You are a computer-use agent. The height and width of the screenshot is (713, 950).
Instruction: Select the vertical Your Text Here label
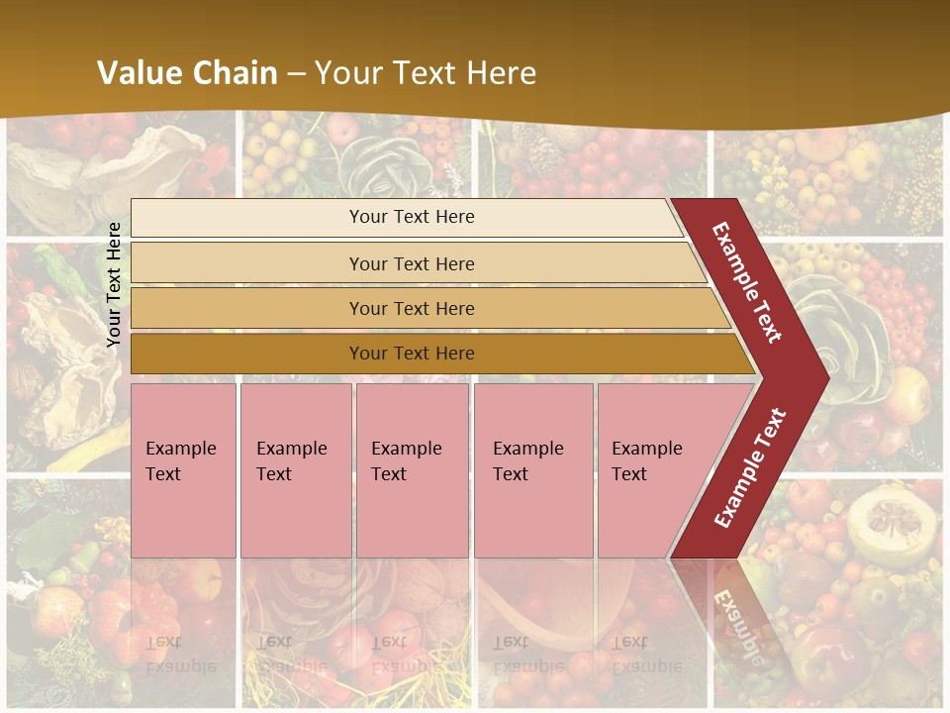tap(114, 284)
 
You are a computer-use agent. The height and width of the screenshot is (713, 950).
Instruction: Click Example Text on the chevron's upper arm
tap(747, 282)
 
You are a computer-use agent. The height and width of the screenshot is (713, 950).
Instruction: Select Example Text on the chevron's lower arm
tap(751, 467)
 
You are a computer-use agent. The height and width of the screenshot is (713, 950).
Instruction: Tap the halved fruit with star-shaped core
tap(885, 525)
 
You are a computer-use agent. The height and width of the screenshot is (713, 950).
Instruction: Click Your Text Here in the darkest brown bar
tap(412, 354)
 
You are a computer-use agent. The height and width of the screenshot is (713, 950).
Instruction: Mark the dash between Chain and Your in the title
tap(296, 73)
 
